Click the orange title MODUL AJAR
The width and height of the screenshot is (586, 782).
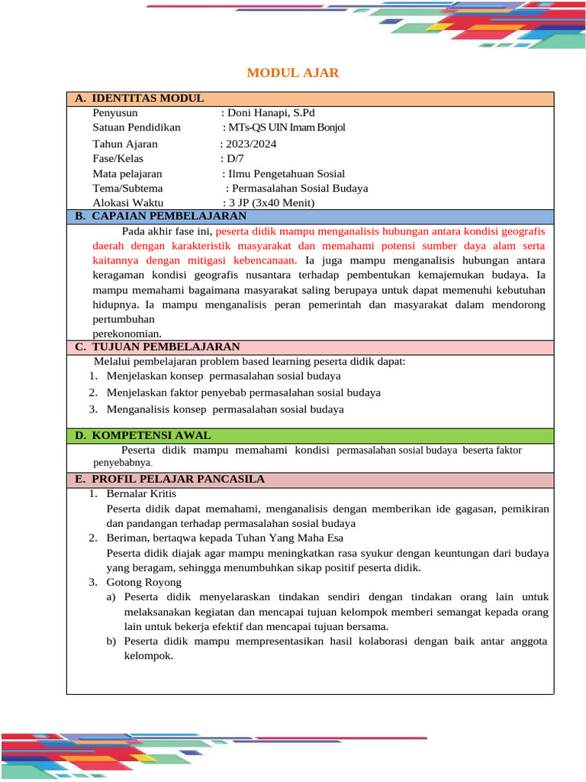coord(292,73)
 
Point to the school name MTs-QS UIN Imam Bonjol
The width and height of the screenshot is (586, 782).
coord(284,128)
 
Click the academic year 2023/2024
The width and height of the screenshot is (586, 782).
coord(249,144)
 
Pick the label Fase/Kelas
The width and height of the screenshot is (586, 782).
coord(118,159)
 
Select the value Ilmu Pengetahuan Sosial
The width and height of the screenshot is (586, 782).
coord(284,173)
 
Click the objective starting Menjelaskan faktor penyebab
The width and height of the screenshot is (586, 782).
coord(243,393)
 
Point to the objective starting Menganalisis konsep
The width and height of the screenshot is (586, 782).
coord(225,409)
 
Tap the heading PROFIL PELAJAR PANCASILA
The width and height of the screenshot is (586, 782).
coord(178,479)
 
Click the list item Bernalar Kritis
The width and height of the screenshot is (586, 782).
coord(141,493)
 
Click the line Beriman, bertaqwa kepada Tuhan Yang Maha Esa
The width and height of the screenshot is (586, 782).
coord(224,538)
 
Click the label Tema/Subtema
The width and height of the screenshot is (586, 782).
coord(127,188)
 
